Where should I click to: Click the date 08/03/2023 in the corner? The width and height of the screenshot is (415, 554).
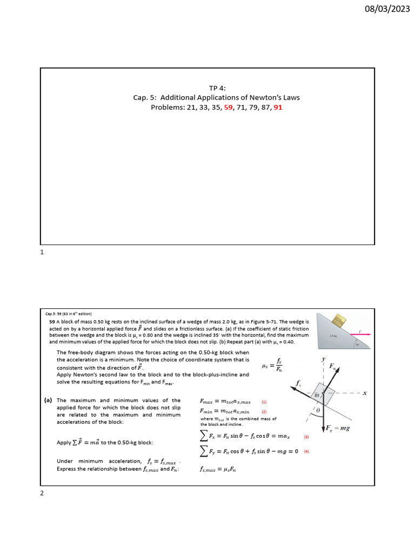[389, 9]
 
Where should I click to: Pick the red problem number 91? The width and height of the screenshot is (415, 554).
[278, 108]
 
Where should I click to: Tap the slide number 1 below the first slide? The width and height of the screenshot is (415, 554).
[43, 253]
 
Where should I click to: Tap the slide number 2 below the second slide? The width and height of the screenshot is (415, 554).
[43, 492]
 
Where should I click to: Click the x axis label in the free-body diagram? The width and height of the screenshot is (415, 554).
[364, 393]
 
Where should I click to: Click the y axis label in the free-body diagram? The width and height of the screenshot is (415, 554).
[324, 359]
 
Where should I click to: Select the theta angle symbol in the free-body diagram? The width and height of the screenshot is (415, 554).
[318, 411]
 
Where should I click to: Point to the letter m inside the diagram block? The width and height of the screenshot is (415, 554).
[317, 396]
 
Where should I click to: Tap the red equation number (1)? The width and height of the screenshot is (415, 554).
[264, 403]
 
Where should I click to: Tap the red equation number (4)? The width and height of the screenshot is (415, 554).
[306, 452]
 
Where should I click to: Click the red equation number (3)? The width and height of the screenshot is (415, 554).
[306, 437]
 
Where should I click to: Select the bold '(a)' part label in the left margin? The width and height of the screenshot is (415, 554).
[48, 401]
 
